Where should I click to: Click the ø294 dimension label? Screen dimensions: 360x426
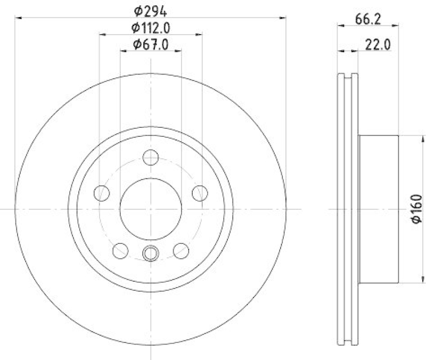(x=151, y=10)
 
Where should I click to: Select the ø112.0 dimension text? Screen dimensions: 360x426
(x=151, y=28)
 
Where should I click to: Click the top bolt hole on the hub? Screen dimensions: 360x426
(x=151, y=158)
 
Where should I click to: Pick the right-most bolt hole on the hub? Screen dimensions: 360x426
(x=200, y=193)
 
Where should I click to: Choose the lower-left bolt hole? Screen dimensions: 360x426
(x=121, y=250)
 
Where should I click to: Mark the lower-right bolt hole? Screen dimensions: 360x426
(x=181, y=250)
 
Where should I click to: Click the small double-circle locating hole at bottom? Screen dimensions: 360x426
(x=151, y=253)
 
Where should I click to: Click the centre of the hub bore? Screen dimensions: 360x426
(x=151, y=209)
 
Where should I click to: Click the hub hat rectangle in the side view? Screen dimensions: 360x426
(x=379, y=209)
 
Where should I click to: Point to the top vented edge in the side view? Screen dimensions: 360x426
(x=348, y=78)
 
